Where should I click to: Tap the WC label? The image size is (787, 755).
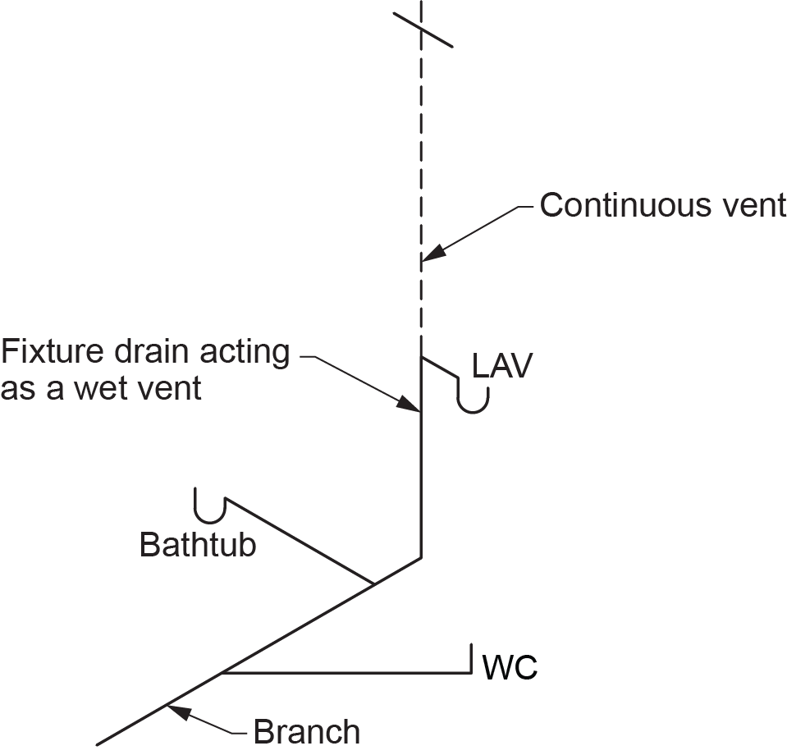pos(510,668)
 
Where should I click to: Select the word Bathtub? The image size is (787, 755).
pos(198,545)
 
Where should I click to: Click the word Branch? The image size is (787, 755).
pos(306,731)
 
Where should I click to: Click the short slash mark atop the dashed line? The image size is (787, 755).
pos(422,30)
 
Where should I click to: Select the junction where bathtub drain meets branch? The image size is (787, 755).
pos(374,584)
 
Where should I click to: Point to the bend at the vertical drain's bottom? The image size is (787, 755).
pos(421,558)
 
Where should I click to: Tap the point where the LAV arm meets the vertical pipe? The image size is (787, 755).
pos(421,358)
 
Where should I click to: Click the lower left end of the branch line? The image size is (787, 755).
pos(98,744)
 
